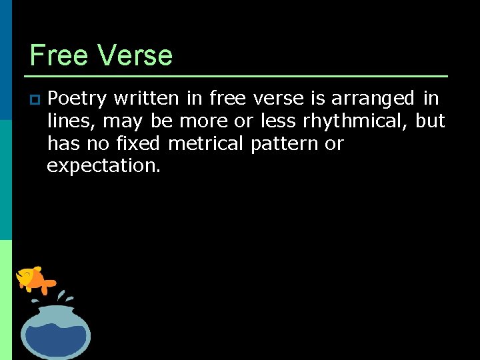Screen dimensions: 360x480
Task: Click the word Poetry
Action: pyautogui.click(x=77, y=99)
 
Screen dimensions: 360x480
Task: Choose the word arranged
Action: pyautogui.click(x=373, y=99)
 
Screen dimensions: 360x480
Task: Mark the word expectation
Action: pyautogui.click(x=103, y=166)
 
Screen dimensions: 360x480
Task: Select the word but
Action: pyautogui.click(x=430, y=121)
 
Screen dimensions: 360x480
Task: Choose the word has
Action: pyautogui.click(x=63, y=143)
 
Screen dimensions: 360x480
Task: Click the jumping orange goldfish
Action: pyautogui.click(x=35, y=278)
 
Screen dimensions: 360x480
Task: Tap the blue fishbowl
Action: pyautogui.click(x=55, y=331)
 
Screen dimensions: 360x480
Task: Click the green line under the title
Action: pyautogui.click(x=239, y=76)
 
